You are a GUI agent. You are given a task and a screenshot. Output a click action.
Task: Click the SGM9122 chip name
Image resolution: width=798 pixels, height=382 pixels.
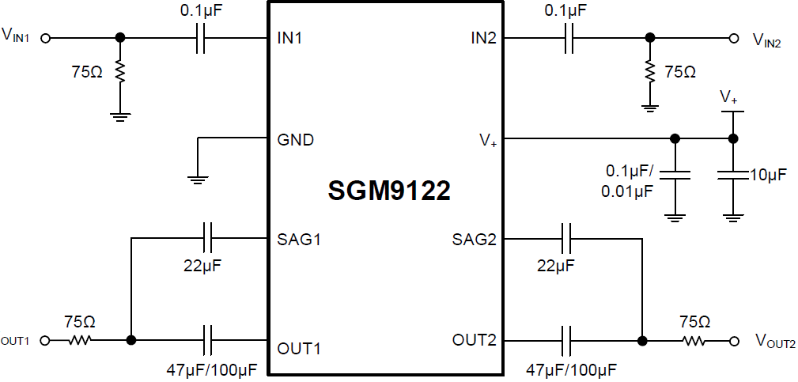tap(389, 191)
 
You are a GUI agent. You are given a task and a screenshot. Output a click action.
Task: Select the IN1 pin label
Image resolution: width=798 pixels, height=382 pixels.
tap(290, 37)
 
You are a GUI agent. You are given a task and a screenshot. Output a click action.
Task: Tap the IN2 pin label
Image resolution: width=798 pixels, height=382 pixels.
tap(483, 37)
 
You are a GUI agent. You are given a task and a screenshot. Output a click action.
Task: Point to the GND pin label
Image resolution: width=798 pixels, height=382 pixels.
tap(295, 140)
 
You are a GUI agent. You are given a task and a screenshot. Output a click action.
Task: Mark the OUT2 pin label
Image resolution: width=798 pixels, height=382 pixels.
tap(475, 340)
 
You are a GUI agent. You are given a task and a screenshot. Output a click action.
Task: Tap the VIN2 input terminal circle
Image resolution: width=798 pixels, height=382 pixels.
tap(735, 37)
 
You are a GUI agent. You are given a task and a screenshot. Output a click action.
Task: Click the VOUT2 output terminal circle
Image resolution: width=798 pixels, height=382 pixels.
tap(735, 341)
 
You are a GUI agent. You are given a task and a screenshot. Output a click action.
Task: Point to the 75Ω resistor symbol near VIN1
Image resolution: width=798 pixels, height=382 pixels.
tap(119, 73)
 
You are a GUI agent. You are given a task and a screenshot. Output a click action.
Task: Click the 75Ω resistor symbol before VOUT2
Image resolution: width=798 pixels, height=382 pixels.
tap(694, 341)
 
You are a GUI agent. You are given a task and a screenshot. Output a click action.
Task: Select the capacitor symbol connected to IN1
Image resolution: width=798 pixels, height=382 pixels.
tap(200, 37)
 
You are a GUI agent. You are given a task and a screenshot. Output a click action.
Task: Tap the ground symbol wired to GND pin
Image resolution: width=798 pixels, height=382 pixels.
tap(198, 179)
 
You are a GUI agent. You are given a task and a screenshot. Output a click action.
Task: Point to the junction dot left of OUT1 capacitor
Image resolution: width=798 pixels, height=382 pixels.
tap(131, 340)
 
